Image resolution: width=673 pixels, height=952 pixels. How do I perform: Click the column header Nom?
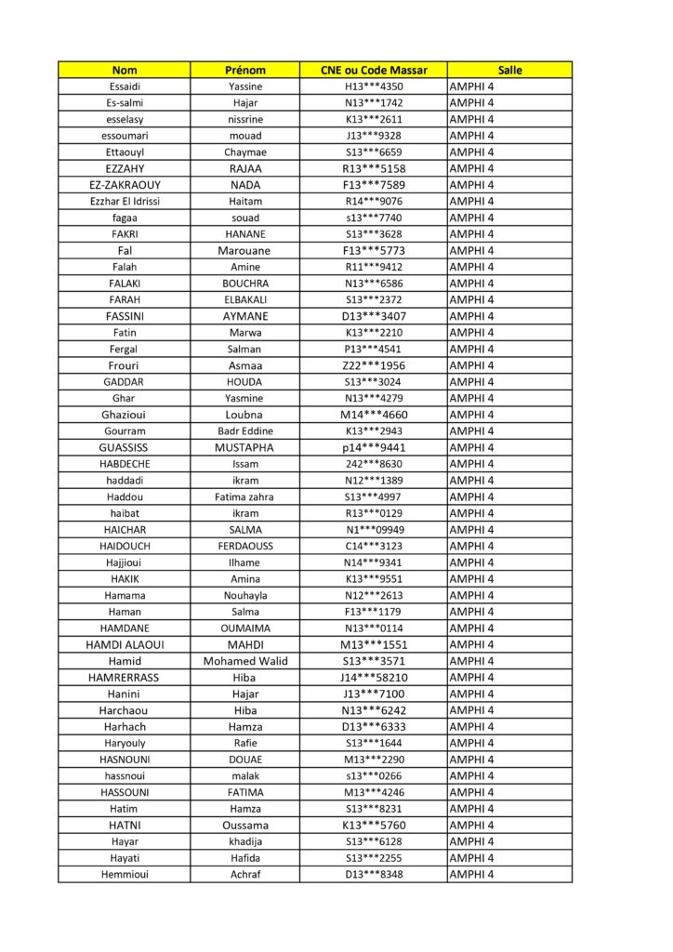point(124,70)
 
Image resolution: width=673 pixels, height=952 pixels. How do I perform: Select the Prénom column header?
point(245,70)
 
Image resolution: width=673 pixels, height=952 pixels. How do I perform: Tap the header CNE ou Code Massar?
point(374,70)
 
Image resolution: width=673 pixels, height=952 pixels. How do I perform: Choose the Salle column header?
point(509,70)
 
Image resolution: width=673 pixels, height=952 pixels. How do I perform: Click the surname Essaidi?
point(124,86)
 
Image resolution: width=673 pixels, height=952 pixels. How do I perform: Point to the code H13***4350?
point(374,86)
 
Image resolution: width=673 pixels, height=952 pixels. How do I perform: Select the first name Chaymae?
point(245,152)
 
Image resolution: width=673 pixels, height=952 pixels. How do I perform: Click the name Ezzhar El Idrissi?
point(124,201)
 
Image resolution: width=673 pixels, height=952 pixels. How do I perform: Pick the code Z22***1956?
point(374,365)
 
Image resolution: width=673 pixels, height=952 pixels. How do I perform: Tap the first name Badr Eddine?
point(245,431)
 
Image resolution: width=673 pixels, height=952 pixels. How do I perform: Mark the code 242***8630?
point(374,464)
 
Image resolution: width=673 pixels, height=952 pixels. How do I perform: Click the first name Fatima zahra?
point(245,496)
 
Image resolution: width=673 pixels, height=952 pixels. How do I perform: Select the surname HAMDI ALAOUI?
point(124,644)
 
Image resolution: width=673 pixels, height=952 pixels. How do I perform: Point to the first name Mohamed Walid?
point(245,661)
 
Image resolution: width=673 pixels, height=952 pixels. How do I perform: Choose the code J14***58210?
point(374,678)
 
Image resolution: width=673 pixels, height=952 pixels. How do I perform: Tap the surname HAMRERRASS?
point(124,678)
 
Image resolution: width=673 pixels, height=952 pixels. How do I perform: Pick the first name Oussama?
point(245,825)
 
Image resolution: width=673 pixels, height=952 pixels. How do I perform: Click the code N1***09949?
point(374,530)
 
